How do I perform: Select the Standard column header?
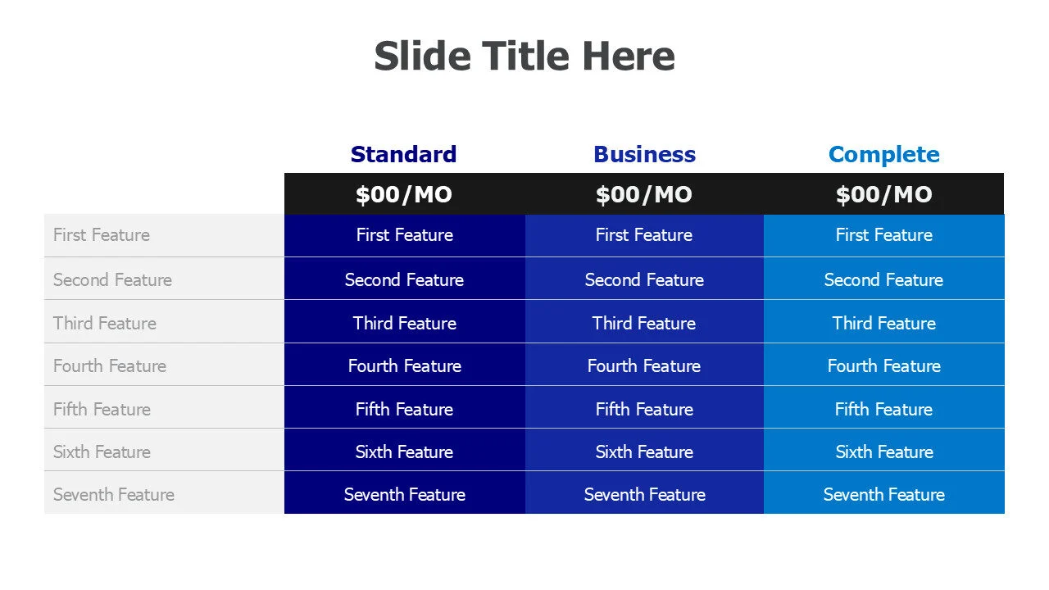click(x=404, y=155)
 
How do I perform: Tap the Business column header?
click(x=644, y=155)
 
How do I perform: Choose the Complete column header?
click(x=884, y=155)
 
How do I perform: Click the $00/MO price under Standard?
click(x=404, y=194)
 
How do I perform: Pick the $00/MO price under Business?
click(x=644, y=194)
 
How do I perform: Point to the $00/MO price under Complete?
click(x=884, y=194)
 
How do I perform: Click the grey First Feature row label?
click(x=102, y=234)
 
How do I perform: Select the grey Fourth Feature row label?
click(x=110, y=365)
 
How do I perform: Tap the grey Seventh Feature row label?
click(x=114, y=494)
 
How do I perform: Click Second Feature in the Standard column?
click(x=404, y=279)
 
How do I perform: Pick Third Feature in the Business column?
click(x=644, y=323)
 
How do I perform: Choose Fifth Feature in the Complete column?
click(x=883, y=409)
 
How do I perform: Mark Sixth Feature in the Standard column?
click(x=404, y=452)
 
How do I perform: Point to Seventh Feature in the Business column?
click(x=644, y=494)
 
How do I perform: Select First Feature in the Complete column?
click(x=884, y=234)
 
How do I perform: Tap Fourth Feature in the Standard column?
click(x=405, y=365)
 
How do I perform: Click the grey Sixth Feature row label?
click(x=102, y=452)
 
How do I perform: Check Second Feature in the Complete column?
click(x=883, y=279)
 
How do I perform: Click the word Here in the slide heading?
click(x=629, y=57)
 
